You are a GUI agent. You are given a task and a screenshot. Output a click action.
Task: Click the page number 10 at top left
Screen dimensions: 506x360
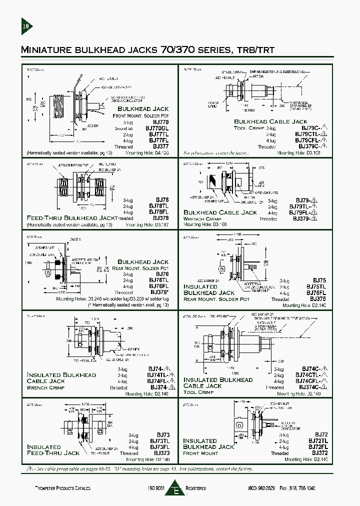[x=26, y=25]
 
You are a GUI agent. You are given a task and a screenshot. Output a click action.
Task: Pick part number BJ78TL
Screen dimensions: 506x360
[x=158, y=206]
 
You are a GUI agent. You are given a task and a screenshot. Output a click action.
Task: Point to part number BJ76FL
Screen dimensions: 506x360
[x=159, y=286]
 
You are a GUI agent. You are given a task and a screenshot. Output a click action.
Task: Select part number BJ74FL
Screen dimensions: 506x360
[x=158, y=381]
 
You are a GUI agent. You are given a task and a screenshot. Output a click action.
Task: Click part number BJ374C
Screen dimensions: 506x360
[x=308, y=387]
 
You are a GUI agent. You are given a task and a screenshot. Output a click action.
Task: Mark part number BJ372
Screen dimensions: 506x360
[x=319, y=452]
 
